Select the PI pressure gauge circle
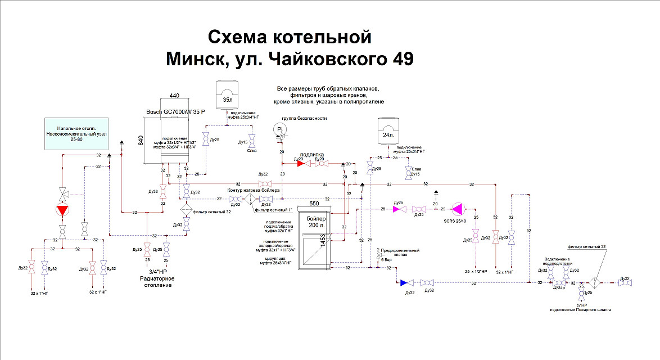281,130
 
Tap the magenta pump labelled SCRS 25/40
458,209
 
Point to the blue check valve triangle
404,283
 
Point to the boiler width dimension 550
316,202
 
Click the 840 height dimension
141,141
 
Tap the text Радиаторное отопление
157,282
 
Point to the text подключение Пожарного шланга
581,309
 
